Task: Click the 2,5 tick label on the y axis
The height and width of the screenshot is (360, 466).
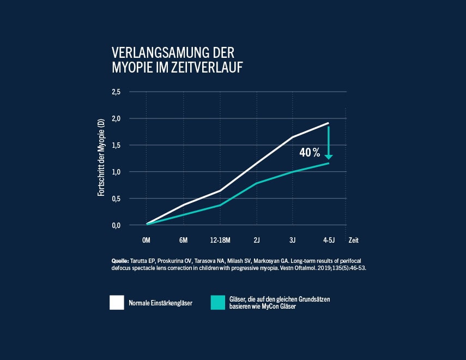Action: pos(116,92)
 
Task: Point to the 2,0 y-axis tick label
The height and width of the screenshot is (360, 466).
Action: pos(116,118)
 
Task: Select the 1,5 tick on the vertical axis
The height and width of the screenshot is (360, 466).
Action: pos(116,145)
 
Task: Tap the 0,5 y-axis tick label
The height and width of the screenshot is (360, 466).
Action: pos(116,199)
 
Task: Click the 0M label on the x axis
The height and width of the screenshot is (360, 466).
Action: pos(146,240)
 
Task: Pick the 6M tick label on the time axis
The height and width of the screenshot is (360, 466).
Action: pos(184,240)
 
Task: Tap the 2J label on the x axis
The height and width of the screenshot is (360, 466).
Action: pos(256,240)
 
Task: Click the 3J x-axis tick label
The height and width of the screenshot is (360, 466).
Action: pos(292,240)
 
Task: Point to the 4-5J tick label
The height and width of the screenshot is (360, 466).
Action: pos(328,240)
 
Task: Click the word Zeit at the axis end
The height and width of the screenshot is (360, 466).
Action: pos(354,240)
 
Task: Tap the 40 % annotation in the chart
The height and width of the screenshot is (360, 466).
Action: pos(309,153)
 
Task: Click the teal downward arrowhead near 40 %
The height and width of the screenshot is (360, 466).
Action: pos(328,157)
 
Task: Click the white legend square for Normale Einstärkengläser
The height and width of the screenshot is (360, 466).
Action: pos(117,303)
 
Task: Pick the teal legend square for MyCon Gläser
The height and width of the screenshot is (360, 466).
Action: pos(218,303)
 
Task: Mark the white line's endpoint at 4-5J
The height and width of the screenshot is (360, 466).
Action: pos(329,123)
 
